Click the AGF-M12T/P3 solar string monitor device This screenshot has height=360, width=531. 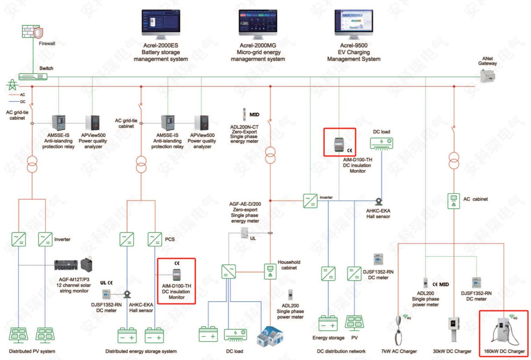pyautogui.click(x=74, y=264)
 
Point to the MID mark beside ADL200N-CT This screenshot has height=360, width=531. pyautogui.click(x=254, y=115)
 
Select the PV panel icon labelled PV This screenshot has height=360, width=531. pyautogui.click(x=354, y=323)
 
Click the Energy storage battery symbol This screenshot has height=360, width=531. pyautogui.click(x=328, y=323)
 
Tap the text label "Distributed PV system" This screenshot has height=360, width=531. pyautogui.click(x=32, y=351)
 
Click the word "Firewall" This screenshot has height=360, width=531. pyautogui.click(x=47, y=44)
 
